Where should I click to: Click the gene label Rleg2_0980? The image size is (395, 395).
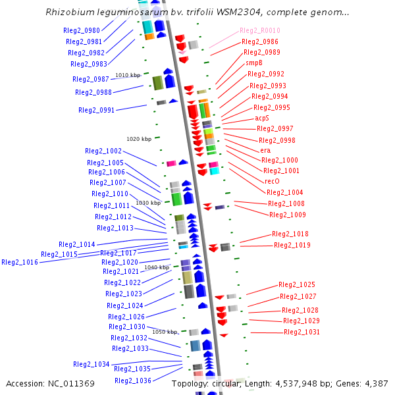(82, 30)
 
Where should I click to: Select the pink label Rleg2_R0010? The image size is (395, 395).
(259, 30)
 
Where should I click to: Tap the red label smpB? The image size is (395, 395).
(254, 63)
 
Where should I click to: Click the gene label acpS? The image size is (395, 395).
(262, 118)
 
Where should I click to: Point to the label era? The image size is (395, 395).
(265, 150)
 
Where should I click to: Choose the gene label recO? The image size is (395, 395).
(272, 181)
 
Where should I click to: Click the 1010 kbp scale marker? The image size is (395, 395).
(128, 75)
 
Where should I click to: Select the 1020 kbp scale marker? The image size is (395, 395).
(139, 139)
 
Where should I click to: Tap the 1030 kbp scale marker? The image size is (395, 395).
(148, 203)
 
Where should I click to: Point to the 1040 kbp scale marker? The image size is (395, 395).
(157, 267)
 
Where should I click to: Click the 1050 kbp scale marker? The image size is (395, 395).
(165, 332)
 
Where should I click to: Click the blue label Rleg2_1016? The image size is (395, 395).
(20, 262)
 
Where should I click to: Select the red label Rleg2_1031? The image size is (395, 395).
(302, 332)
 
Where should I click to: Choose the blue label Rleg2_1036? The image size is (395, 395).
(133, 381)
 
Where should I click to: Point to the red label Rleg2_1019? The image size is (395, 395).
(292, 245)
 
